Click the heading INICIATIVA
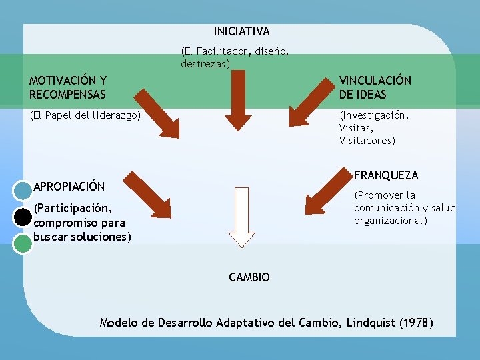[x=241, y=31]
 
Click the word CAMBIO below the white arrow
[x=249, y=277]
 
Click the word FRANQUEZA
[x=386, y=175]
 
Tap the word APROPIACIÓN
[x=69, y=186]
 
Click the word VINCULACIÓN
[x=375, y=81]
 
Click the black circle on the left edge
[x=23, y=217]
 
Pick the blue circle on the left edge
[x=23, y=191]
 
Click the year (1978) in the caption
[x=416, y=323]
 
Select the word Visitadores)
[x=367, y=141]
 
